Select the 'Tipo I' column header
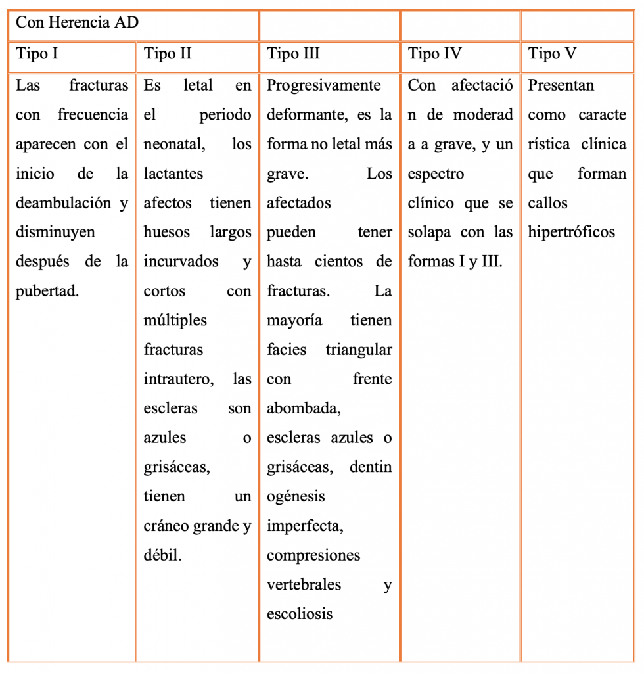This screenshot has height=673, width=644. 37,54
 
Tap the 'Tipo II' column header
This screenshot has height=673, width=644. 168,54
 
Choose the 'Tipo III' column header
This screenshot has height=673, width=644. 293,54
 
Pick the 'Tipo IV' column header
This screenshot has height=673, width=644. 434,54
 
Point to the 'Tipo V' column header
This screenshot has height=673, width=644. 553,54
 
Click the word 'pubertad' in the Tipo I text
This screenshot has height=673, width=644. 47,291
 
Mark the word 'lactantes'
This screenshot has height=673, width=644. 173,174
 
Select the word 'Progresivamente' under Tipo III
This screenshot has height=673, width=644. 324,85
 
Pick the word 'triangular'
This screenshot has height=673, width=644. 359,350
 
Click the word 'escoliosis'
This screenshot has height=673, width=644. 300,614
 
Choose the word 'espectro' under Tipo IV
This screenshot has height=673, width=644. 436,174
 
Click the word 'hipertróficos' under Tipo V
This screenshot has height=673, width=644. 571,232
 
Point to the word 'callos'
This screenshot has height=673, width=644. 547,203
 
